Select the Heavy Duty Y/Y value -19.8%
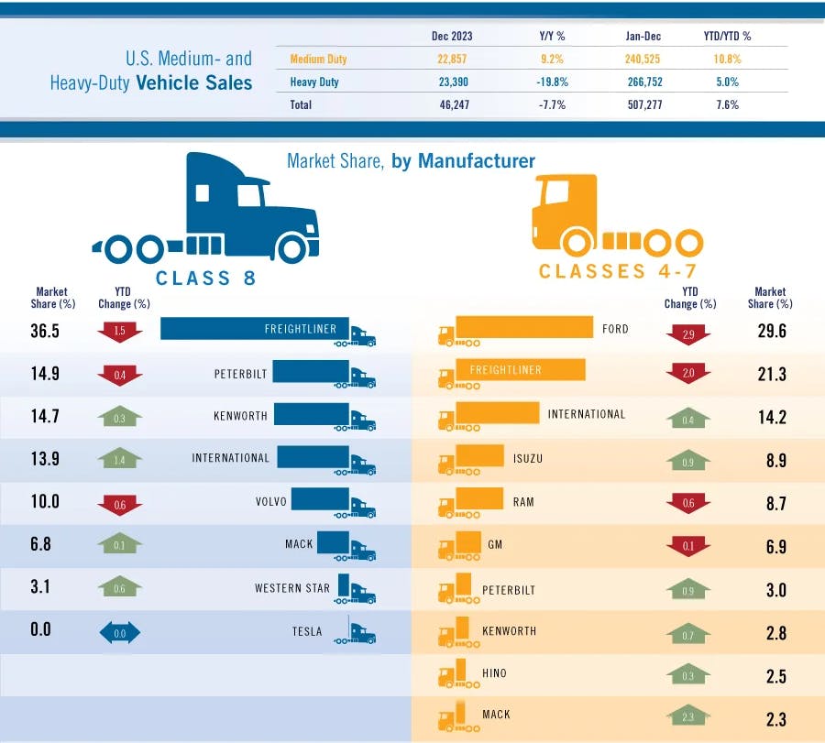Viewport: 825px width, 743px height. click(x=552, y=82)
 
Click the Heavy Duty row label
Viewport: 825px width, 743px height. click(x=314, y=82)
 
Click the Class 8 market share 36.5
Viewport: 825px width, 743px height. click(x=44, y=331)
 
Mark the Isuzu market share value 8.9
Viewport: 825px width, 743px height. click(x=775, y=461)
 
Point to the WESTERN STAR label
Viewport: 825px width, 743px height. click(x=291, y=588)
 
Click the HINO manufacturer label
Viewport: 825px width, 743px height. click(x=494, y=673)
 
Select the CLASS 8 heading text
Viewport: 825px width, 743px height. click(x=205, y=279)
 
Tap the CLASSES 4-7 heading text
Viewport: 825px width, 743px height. click(x=618, y=271)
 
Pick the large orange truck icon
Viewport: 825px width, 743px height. click(x=614, y=215)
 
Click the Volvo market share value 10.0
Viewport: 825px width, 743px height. click(x=44, y=502)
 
